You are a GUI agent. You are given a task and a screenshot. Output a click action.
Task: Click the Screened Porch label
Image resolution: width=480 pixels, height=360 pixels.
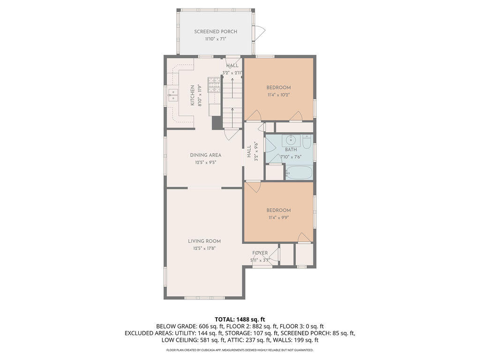(x=216, y=31)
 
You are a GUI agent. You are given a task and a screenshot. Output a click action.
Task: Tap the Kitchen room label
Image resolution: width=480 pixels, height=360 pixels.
(x=193, y=96)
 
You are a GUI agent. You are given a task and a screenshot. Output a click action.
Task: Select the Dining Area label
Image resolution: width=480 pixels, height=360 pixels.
(x=205, y=155)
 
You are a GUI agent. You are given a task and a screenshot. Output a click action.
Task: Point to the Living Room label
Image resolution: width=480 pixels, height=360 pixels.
(x=204, y=241)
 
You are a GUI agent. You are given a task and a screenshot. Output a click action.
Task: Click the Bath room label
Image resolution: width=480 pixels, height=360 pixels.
(x=291, y=150)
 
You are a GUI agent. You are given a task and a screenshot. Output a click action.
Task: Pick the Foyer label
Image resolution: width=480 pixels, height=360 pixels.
(x=260, y=253)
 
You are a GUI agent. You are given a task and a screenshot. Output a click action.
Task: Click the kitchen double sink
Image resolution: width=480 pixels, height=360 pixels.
(x=173, y=95)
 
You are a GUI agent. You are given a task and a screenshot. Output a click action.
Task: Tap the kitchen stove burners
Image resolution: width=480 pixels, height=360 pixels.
(x=214, y=85)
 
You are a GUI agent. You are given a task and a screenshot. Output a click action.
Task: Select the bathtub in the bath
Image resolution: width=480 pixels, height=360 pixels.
(x=299, y=172)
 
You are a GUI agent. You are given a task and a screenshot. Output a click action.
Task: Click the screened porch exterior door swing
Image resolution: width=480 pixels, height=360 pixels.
(x=260, y=31)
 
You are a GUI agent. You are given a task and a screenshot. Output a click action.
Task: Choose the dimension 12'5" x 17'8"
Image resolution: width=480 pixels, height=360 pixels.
(x=204, y=248)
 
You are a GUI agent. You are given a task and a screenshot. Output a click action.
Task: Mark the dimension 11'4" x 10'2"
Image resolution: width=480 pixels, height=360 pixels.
(x=278, y=95)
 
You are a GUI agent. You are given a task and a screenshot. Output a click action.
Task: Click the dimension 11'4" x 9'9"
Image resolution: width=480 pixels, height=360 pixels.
(x=278, y=217)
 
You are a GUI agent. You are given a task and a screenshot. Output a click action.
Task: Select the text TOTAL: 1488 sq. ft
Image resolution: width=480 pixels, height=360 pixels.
(x=240, y=320)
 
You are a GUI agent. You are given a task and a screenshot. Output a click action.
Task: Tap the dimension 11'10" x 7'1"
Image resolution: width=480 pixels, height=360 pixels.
(x=216, y=39)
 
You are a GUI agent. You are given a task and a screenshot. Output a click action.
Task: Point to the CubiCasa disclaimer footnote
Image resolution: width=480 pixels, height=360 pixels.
(x=240, y=350)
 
